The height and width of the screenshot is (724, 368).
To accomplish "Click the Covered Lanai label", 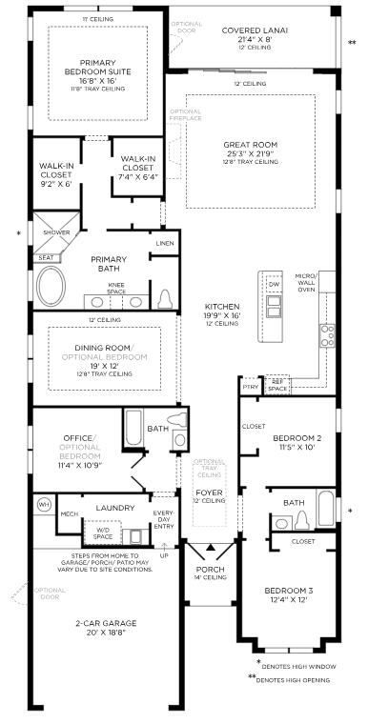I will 255,30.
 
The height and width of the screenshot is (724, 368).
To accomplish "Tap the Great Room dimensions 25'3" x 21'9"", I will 251,153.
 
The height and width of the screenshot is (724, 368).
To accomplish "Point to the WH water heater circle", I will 43,503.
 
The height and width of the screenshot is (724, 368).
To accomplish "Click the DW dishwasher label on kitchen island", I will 275,284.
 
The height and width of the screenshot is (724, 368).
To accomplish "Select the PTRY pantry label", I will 250,388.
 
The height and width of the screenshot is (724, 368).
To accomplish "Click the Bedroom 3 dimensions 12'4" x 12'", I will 290,600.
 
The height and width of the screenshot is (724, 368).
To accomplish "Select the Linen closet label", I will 165,244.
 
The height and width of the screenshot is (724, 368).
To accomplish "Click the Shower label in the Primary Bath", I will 56,231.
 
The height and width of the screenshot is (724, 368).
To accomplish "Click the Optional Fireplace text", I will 185,114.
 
